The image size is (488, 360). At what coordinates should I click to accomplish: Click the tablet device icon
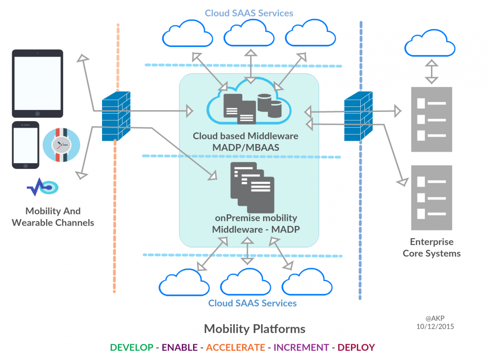pos(37,83)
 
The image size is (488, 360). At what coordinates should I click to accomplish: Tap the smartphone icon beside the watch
pos(25,145)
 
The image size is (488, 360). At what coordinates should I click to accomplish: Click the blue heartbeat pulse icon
pos(42,187)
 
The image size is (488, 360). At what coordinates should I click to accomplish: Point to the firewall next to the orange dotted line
pos(116,116)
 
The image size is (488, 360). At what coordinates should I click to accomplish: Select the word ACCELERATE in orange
pos(235,347)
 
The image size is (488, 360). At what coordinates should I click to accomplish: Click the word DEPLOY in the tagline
pos(356,347)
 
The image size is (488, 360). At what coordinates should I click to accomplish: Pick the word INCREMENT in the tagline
pos(301,347)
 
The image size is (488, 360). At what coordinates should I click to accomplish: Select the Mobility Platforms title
pos(255,329)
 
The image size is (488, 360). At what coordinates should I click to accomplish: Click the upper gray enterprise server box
pos(431,119)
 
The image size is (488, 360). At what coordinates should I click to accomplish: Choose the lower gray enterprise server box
pos(431,197)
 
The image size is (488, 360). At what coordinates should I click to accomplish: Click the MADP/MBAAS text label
pos(246,147)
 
